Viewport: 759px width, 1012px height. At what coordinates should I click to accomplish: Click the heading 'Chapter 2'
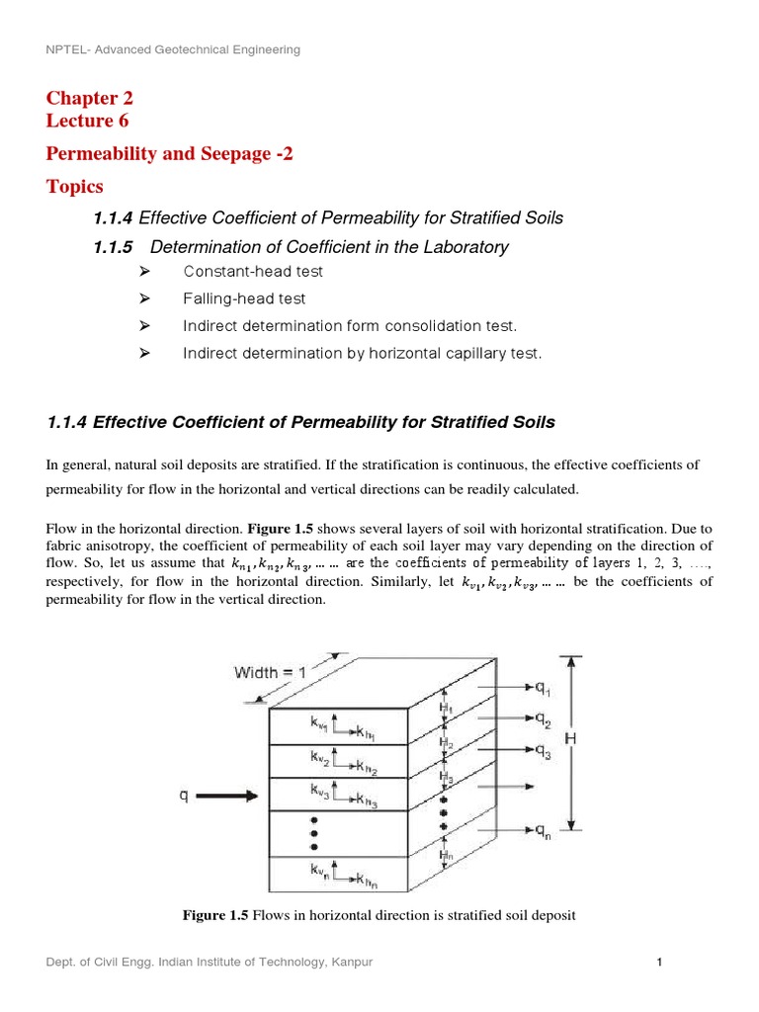pyautogui.click(x=89, y=98)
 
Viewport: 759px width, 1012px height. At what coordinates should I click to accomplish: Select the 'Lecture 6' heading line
pyautogui.click(x=87, y=122)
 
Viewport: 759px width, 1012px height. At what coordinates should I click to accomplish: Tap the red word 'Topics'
pyautogui.click(x=74, y=186)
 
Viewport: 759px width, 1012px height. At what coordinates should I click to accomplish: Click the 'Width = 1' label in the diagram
pyautogui.click(x=270, y=673)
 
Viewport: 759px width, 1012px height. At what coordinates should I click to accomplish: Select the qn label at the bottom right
pyautogui.click(x=544, y=830)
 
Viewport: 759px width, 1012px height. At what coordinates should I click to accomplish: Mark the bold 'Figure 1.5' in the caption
pyautogui.click(x=216, y=915)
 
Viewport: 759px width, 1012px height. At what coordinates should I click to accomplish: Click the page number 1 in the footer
pyautogui.click(x=657, y=962)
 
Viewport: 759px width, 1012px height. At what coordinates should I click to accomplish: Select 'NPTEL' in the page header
pyautogui.click(x=66, y=49)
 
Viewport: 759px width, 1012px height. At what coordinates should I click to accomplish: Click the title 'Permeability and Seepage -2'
pyautogui.click(x=170, y=153)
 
